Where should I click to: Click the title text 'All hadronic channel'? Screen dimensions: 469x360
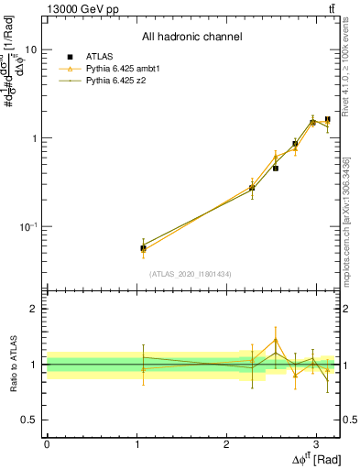pyautogui.click(x=191, y=38)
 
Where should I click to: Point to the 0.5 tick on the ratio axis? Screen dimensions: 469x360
pyautogui.click(x=30, y=420)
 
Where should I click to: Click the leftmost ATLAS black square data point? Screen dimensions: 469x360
pyautogui.click(x=143, y=247)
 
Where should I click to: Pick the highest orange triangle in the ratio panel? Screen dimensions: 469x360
pyautogui.click(x=276, y=341)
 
